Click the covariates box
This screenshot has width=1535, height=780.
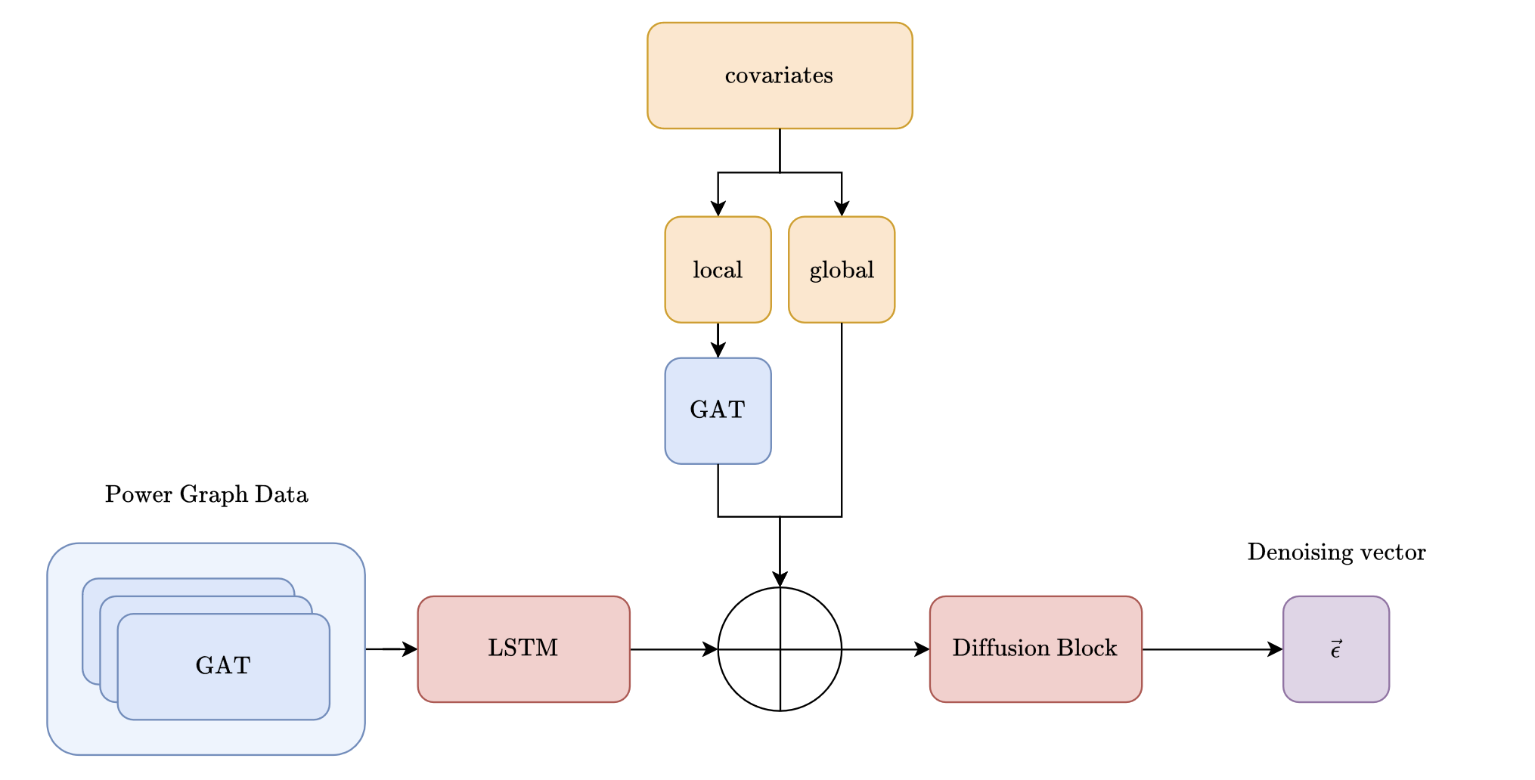click(x=780, y=76)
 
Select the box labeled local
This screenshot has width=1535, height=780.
click(x=718, y=270)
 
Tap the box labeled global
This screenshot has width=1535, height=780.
click(x=842, y=270)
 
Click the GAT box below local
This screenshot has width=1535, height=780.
click(x=718, y=410)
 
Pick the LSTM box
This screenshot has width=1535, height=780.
click(x=523, y=648)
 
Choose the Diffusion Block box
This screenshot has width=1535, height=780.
click(x=1035, y=648)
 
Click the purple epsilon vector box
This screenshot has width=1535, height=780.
click(x=1335, y=648)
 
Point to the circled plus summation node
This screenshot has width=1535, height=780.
click(x=780, y=648)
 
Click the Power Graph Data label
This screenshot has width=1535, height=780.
click(x=206, y=494)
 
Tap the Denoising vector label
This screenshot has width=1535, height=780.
click(x=1336, y=552)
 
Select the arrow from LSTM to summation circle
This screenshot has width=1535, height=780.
click(x=673, y=648)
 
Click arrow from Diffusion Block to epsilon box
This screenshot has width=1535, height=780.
click(x=1210, y=648)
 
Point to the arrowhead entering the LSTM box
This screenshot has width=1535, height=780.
click(x=411, y=648)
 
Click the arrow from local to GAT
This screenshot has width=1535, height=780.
click(x=718, y=340)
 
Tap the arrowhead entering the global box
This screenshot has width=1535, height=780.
click(x=842, y=209)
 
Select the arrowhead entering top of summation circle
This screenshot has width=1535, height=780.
click(x=780, y=579)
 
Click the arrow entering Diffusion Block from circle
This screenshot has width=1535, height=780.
click(x=885, y=648)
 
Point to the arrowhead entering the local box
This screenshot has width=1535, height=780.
click(x=718, y=209)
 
